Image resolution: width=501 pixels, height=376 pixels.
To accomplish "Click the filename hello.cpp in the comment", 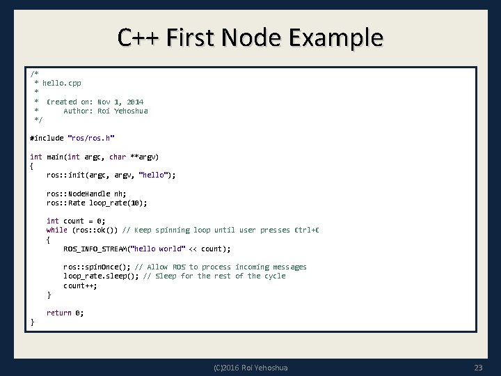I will pyautogui.click(x=62, y=83).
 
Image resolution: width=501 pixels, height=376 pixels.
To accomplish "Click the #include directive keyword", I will pyautogui.click(x=45, y=138).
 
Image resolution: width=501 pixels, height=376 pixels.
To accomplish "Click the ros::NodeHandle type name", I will pyautogui.click(x=83, y=194).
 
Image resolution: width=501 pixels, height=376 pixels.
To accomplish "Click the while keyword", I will pyautogui.click(x=56, y=230).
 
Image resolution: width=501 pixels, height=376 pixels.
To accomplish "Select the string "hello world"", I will pyautogui.click(x=161, y=249).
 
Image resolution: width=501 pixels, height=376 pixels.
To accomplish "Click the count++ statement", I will pyautogui.click(x=80, y=285).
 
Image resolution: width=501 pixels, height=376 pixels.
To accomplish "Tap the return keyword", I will pyautogui.click(x=58, y=313).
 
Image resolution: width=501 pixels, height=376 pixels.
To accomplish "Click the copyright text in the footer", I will pyautogui.click(x=251, y=367).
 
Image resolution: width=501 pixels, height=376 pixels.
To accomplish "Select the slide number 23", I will pyautogui.click(x=477, y=367).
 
